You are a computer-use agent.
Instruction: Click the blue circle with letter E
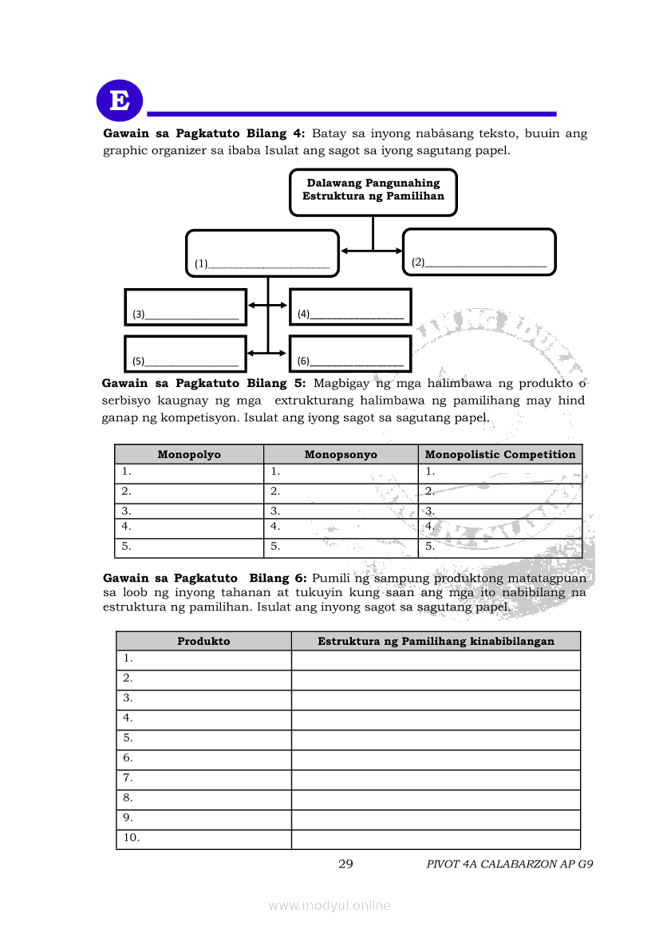point(120,101)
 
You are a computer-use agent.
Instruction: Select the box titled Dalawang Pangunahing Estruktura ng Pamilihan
point(373,192)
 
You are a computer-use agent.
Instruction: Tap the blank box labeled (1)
point(262,253)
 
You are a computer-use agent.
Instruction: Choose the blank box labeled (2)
point(479,252)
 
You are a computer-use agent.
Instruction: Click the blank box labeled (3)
point(186,307)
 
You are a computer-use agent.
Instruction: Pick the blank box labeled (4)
point(350,307)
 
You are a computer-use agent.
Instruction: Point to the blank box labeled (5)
point(186,354)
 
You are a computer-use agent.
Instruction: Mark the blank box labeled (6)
point(350,354)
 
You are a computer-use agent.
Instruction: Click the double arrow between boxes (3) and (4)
point(267,305)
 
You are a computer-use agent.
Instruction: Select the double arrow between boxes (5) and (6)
point(267,352)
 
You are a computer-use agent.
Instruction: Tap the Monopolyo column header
point(189,454)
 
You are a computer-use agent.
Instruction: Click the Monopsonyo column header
point(341,454)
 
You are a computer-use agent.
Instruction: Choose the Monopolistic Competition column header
point(500,454)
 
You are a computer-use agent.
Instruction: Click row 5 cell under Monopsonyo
point(341,548)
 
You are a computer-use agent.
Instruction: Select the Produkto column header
point(203,641)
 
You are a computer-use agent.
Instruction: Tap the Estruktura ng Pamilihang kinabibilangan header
point(436,641)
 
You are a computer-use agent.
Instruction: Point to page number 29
point(345,864)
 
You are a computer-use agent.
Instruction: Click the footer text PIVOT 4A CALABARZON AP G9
point(510,864)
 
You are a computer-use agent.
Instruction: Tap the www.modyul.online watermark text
point(329,905)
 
